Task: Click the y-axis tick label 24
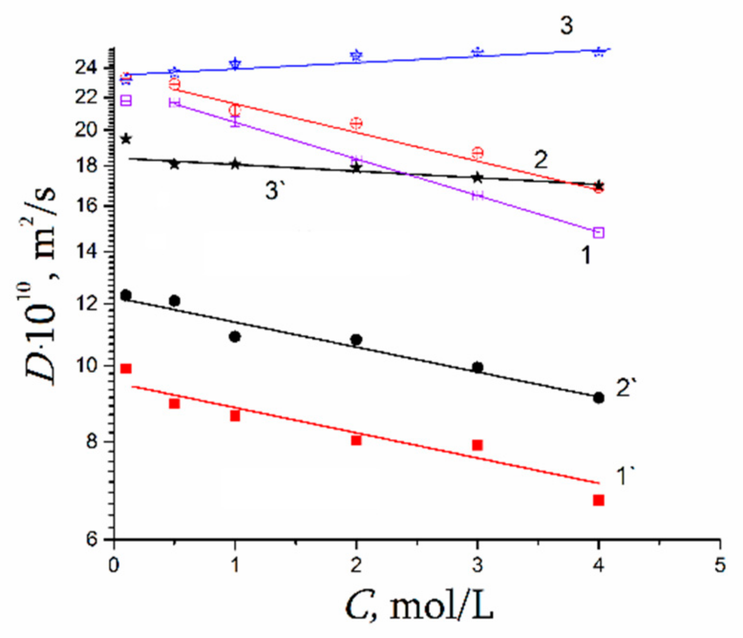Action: click(86, 67)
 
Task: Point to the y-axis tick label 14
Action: click(86, 251)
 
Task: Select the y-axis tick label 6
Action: click(92, 539)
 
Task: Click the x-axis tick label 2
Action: click(356, 565)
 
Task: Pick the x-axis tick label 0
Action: click(114, 565)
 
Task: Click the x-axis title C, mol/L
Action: click(419, 606)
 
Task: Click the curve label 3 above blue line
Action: click(566, 25)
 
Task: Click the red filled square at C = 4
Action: click(598, 500)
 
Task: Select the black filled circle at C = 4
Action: click(598, 398)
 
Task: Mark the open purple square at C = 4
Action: click(598, 233)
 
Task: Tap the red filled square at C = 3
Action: click(478, 445)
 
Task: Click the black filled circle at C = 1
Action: click(235, 337)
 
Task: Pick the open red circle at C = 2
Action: click(356, 124)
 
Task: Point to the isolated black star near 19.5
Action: click(126, 139)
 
